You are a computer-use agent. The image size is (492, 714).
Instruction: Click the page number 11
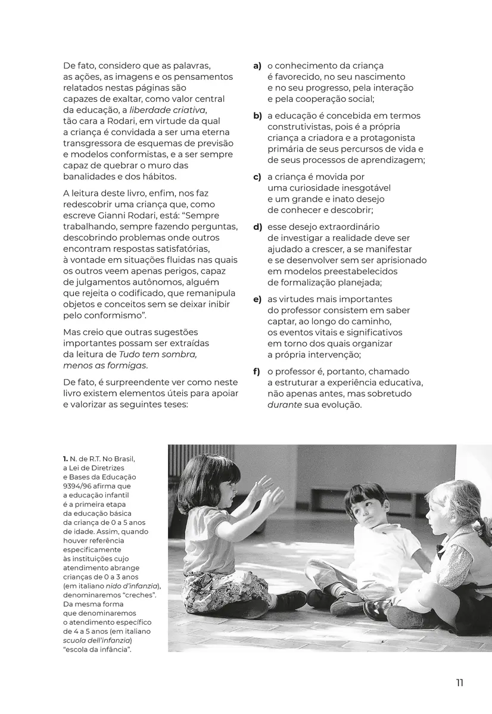(x=459, y=682)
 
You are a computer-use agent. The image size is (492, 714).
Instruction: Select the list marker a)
(x=257, y=66)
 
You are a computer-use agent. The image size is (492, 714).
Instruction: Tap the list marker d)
(x=257, y=227)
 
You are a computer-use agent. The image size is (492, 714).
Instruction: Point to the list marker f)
(x=257, y=372)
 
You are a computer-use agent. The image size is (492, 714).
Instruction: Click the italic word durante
(x=285, y=405)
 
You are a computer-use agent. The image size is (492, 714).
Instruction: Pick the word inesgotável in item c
(x=362, y=188)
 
